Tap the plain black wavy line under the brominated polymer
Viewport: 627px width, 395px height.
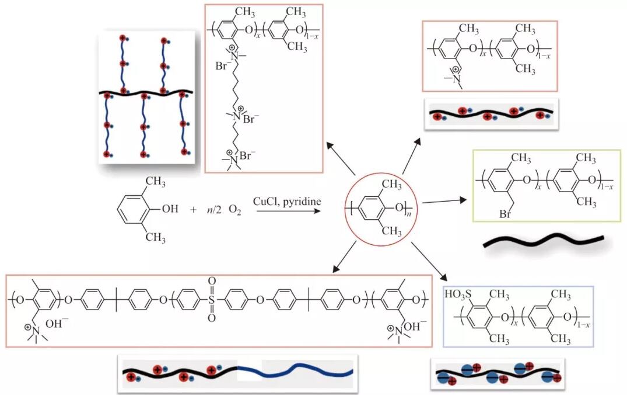pos(542,241)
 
